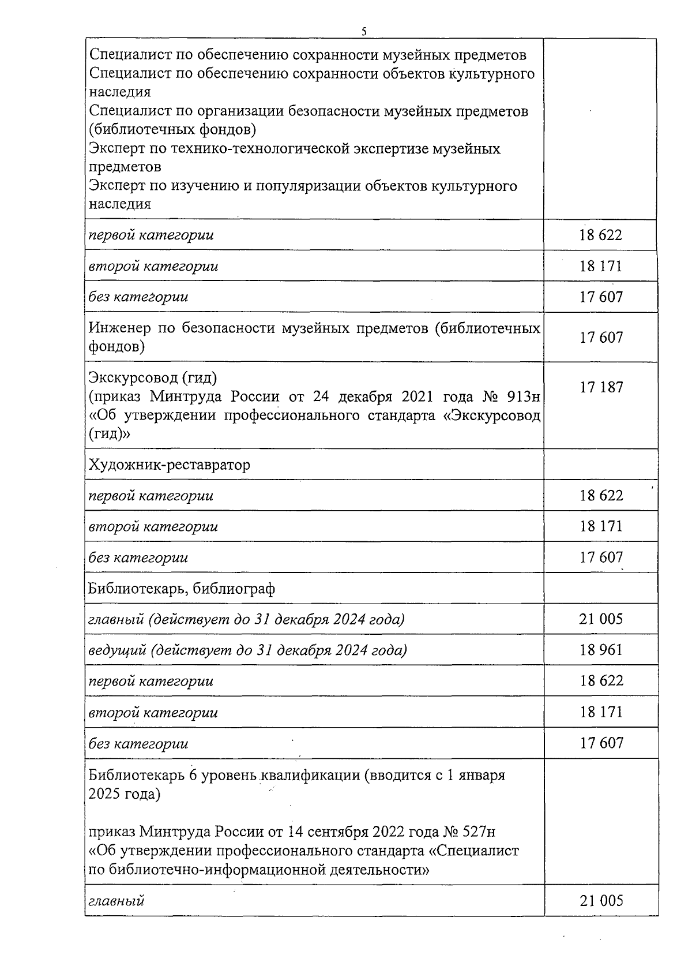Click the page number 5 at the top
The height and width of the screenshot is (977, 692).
(364, 31)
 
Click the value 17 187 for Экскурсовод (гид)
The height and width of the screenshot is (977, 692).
(601, 387)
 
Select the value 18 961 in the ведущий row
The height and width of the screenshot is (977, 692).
(601, 650)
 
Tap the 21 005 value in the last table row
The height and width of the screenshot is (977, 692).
(601, 900)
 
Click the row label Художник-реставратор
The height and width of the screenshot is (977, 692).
(170, 465)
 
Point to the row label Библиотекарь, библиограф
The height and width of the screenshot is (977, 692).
(182, 589)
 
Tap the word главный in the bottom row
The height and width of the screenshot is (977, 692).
(116, 900)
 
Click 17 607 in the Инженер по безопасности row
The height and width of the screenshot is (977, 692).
(601, 337)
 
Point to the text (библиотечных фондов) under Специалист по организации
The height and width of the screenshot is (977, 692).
(172, 128)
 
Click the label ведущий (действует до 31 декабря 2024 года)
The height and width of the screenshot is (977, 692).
(247, 650)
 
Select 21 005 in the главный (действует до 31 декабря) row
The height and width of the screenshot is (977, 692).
(601, 619)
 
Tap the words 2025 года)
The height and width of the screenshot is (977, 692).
(124, 793)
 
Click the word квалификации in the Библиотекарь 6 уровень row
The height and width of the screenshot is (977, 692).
(311, 775)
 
